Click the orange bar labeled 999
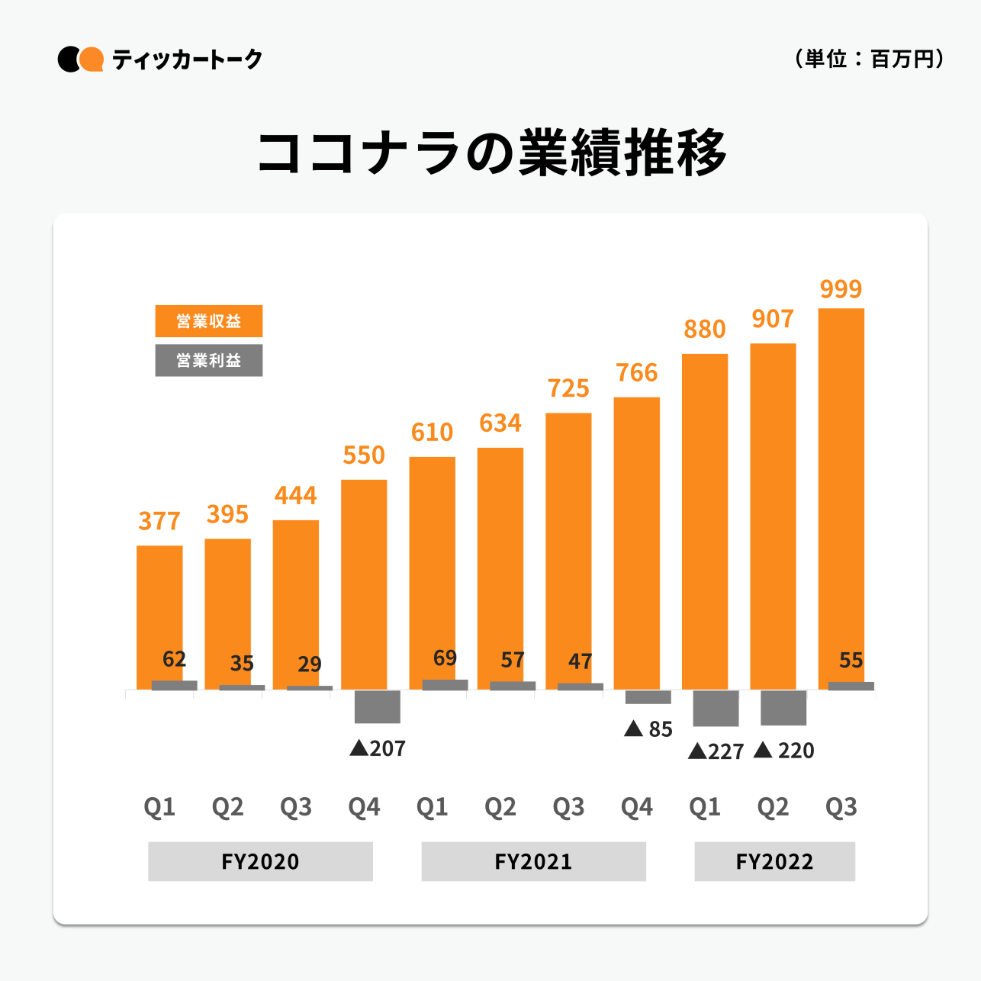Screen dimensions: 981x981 (x=841, y=496)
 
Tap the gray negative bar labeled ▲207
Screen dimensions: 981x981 (x=377, y=706)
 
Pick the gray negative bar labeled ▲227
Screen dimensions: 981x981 (x=716, y=708)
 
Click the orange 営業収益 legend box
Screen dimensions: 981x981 (x=208, y=321)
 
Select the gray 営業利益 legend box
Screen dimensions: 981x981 (x=208, y=361)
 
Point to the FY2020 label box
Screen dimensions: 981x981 (x=260, y=861)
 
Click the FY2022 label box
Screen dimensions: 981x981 (x=774, y=861)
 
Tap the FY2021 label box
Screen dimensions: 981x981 (x=533, y=861)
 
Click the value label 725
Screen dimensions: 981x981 (x=568, y=388)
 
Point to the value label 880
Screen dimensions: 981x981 (x=704, y=329)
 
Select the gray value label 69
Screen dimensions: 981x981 (x=445, y=658)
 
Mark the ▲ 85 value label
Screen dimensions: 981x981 (x=648, y=729)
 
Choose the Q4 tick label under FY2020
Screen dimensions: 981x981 (x=364, y=806)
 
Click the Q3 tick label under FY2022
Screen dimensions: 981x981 (x=841, y=806)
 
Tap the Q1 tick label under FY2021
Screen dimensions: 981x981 (x=432, y=806)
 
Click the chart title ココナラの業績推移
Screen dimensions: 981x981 (x=491, y=153)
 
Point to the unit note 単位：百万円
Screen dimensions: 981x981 (x=869, y=59)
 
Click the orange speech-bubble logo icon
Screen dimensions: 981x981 (x=92, y=60)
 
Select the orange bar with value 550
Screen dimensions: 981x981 (x=364, y=584)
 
